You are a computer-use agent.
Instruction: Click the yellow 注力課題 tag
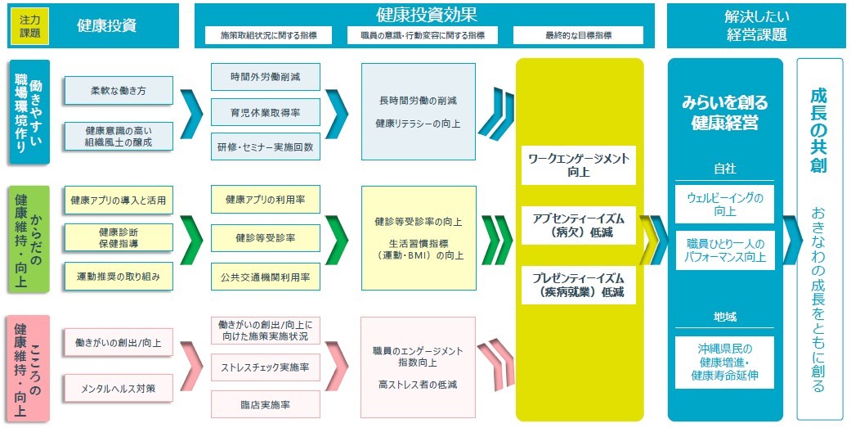[x=30, y=25]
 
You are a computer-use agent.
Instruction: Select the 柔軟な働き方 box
[x=119, y=91]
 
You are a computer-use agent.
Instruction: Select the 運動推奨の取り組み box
[x=119, y=277]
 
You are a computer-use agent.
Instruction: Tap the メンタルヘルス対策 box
[x=119, y=388]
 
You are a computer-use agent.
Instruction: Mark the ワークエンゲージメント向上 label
[x=579, y=166]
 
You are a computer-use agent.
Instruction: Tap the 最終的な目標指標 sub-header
[x=579, y=35]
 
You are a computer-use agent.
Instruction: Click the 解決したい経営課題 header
[x=756, y=25]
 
